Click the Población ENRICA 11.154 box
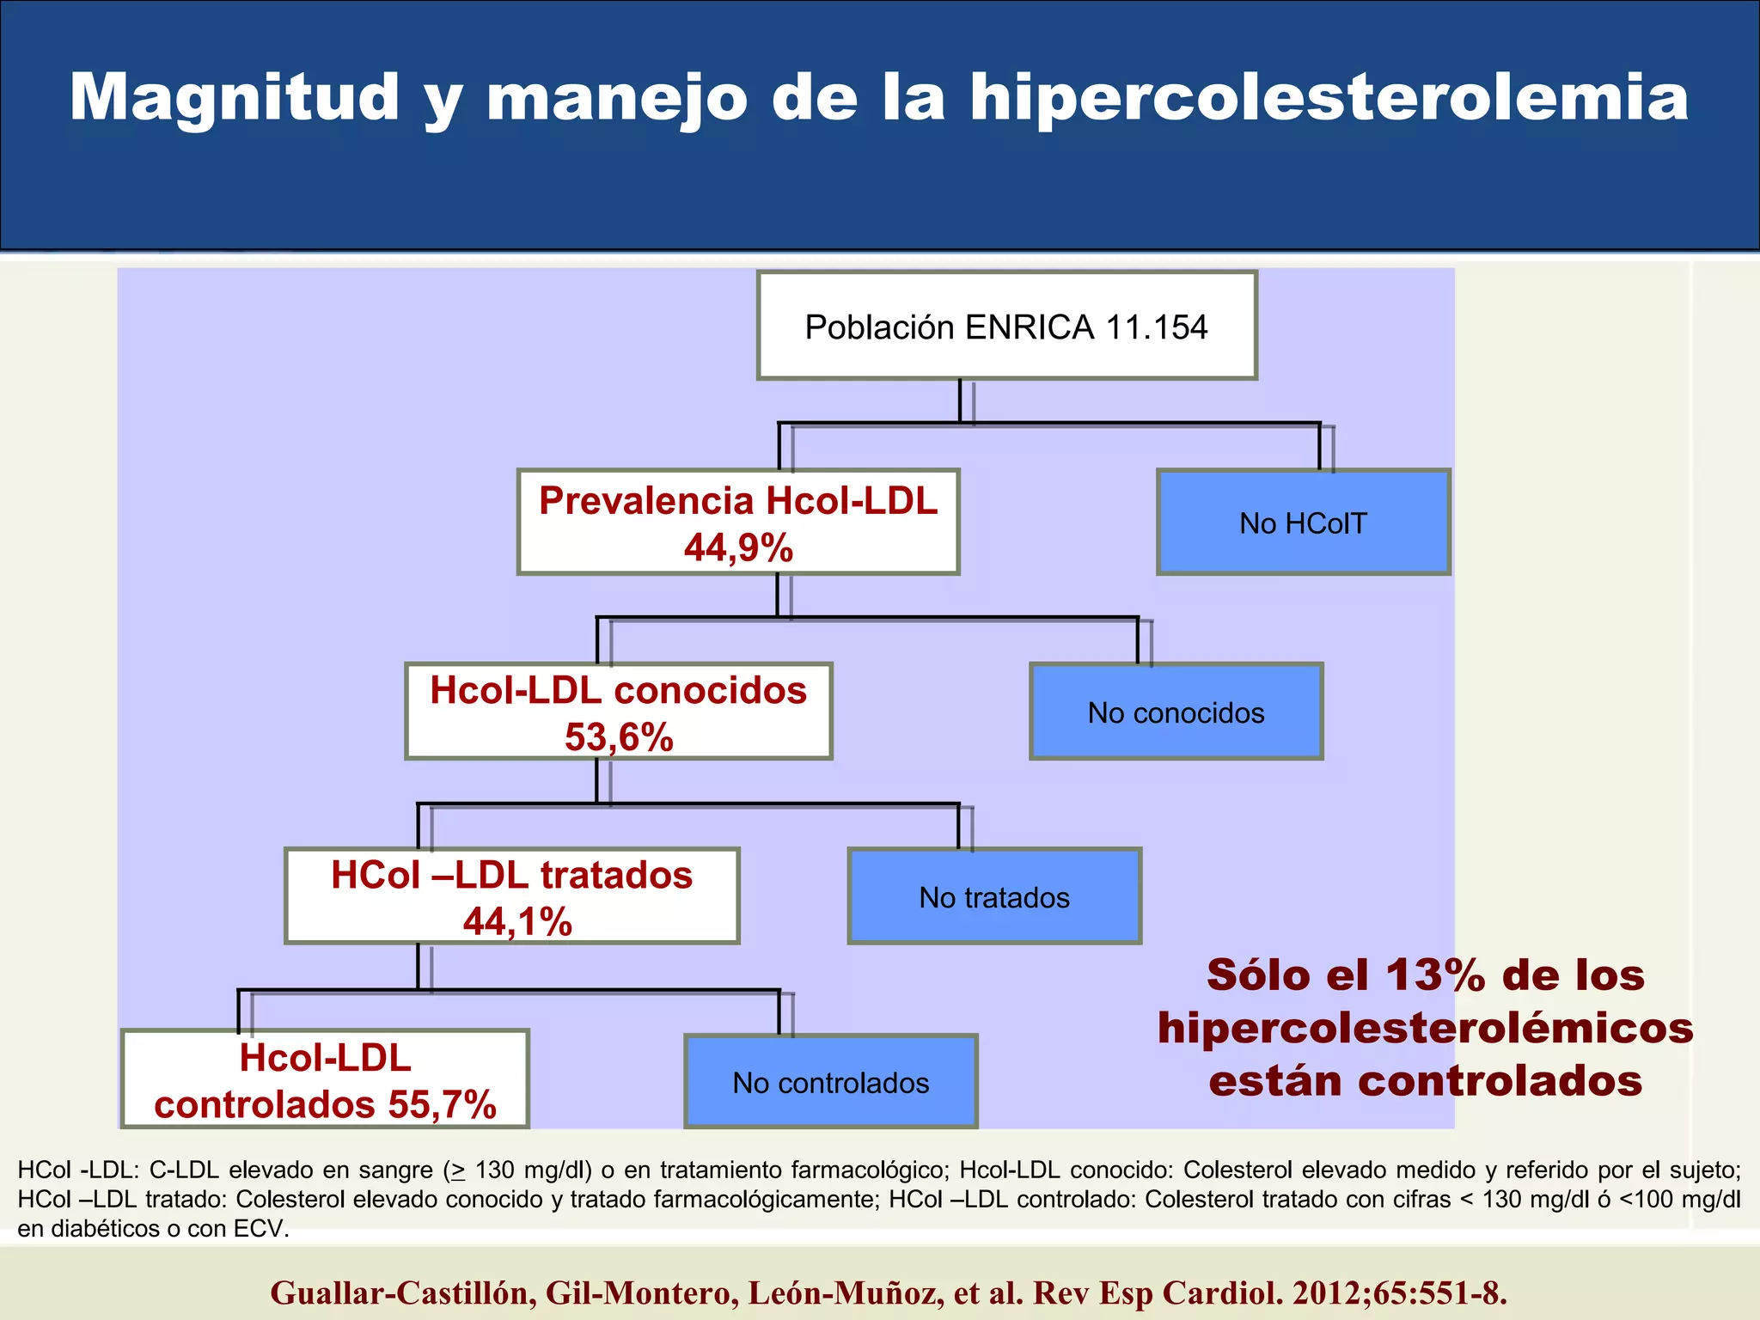point(1006,327)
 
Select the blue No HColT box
point(1303,522)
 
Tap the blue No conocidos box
point(1176,712)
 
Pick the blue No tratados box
point(994,897)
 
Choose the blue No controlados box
point(830,1083)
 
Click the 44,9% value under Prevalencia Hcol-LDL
point(738,548)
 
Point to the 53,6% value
point(619,737)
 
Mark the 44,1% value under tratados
point(517,923)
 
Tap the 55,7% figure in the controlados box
point(442,1105)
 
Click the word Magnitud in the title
point(234,98)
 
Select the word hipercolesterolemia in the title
point(1329,98)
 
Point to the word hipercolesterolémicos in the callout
point(1425,1029)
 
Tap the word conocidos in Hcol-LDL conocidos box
point(710,691)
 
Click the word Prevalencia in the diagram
point(645,501)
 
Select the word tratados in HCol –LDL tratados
point(616,876)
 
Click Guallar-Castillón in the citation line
point(400,1292)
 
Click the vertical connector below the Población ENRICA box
point(960,400)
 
